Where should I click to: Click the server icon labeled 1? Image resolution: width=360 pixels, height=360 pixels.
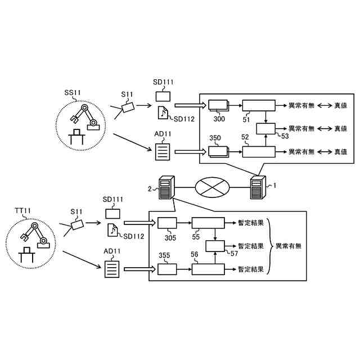click(258, 187)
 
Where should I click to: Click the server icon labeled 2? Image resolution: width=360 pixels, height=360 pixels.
click(166, 187)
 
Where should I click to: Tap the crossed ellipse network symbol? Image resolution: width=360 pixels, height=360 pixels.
click(212, 187)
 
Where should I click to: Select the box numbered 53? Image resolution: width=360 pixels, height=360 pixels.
click(265, 129)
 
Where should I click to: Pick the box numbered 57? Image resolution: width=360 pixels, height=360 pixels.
click(215, 246)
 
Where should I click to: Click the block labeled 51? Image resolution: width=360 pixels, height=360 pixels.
click(259, 105)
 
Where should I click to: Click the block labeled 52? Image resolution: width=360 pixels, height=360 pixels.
click(259, 152)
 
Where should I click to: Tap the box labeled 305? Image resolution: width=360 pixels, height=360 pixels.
click(167, 223)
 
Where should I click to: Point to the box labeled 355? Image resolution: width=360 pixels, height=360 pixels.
click(167, 269)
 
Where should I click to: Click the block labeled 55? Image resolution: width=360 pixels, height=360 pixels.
click(208, 223)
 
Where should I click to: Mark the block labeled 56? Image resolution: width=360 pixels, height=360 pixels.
click(208, 269)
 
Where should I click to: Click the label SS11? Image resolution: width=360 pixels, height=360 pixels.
click(73, 93)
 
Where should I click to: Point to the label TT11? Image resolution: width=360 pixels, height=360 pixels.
click(22, 210)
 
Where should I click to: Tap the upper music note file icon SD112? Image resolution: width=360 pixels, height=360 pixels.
click(163, 112)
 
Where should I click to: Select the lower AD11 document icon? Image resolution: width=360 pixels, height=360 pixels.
click(112, 269)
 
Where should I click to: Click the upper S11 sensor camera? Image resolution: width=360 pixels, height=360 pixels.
click(128, 107)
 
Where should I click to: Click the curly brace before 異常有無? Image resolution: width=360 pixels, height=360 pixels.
click(269, 246)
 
